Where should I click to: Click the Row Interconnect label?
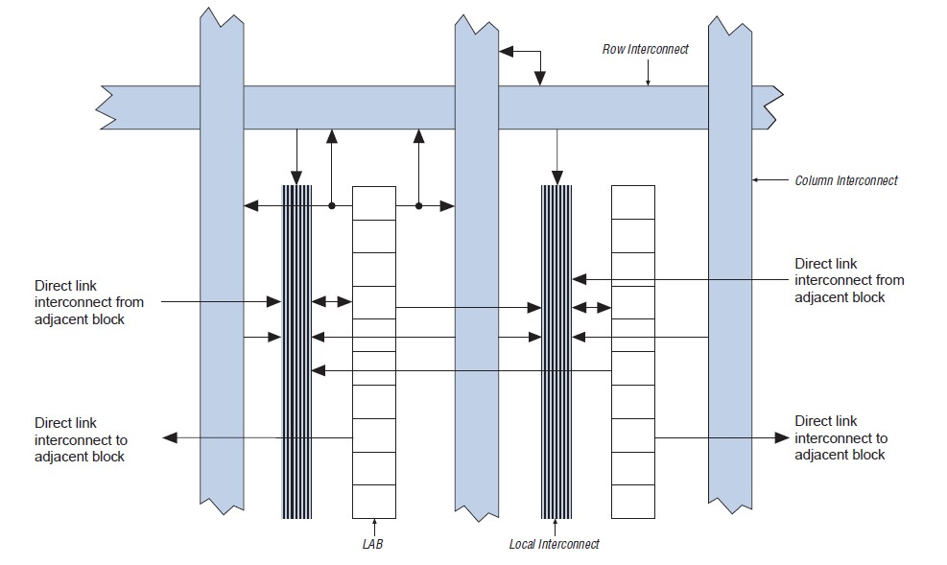(645, 49)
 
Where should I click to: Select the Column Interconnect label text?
(846, 180)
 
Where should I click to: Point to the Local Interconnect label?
(554, 544)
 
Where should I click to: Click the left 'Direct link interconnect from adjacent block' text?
(88, 301)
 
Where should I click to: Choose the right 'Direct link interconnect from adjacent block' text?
(849, 280)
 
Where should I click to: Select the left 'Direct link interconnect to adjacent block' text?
(81, 439)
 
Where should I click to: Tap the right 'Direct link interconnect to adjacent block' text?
(841, 438)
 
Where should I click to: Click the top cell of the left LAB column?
(374, 202)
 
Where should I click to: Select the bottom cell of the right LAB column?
(633, 500)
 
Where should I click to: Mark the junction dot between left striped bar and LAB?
(332, 205)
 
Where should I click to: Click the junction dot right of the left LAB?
(419, 205)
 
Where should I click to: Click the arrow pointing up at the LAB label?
(374, 526)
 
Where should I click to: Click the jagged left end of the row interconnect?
(107, 106)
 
